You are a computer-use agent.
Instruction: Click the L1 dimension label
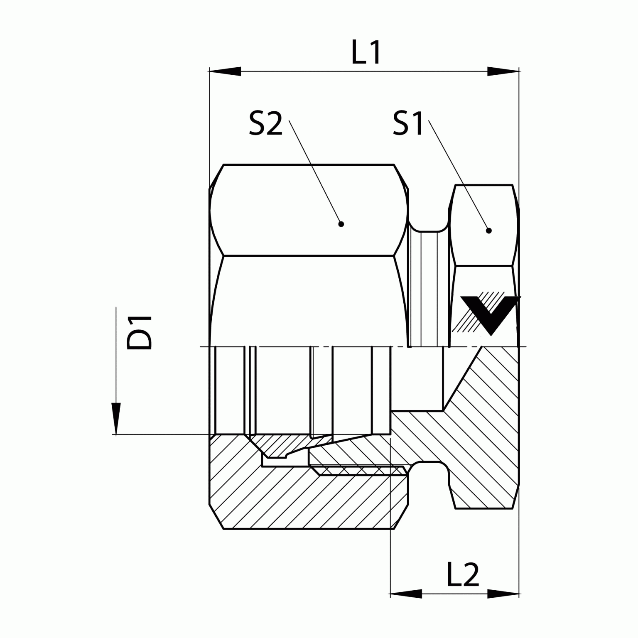(366, 53)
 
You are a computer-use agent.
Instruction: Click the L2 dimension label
(463, 575)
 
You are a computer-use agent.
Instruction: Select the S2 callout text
(266, 124)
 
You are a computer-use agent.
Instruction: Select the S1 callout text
(408, 124)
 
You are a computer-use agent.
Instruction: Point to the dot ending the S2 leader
(341, 224)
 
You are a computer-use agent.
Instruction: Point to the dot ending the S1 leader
(488, 231)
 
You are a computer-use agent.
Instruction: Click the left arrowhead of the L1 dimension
(225, 71)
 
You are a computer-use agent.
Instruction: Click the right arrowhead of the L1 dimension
(503, 71)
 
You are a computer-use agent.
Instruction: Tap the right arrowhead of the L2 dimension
(503, 594)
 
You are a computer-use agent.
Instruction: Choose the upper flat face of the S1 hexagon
(484, 224)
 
